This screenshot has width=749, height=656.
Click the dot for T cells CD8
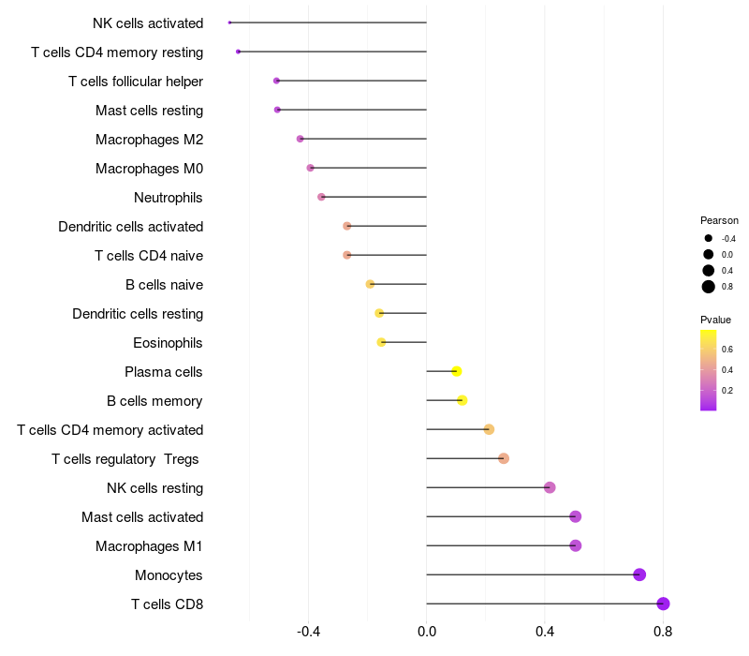point(663,604)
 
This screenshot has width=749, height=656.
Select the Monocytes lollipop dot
point(639,574)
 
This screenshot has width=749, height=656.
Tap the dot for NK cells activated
point(229,22)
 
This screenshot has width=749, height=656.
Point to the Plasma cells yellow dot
point(457,371)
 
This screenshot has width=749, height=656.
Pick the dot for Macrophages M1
point(576,545)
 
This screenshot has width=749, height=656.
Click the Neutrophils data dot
point(321,197)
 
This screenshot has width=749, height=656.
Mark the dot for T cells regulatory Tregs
point(504,458)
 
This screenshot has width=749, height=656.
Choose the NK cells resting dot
point(550,487)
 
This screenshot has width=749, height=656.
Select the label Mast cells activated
point(142,517)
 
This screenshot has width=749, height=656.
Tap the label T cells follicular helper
point(136,82)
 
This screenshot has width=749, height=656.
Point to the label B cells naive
point(164,285)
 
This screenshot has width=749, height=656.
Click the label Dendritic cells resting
point(138,314)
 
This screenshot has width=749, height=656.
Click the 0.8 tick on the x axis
point(663,633)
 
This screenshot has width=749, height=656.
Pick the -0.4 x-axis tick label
point(309,633)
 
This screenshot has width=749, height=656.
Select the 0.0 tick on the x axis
point(427,633)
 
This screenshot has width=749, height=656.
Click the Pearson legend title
point(719,220)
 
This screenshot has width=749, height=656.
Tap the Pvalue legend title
point(715,320)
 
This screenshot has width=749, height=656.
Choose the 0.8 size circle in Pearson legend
point(709,287)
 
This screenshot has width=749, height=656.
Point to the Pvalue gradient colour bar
point(709,370)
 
